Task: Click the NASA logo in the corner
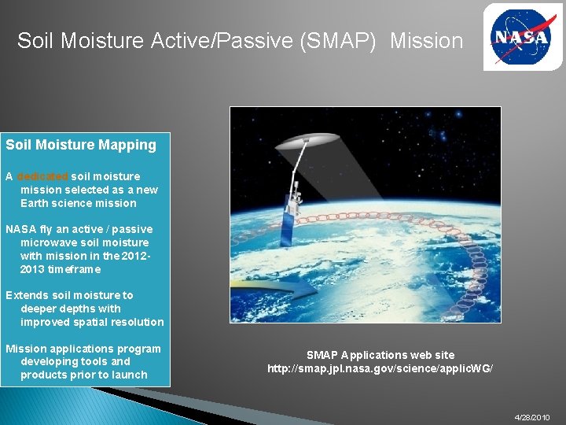[x=522, y=37]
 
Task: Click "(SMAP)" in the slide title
[x=344, y=40]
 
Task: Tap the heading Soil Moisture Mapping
[x=81, y=145]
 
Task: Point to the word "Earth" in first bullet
[x=35, y=203]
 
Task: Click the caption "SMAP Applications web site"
[x=380, y=355]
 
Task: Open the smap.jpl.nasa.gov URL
[x=380, y=368]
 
